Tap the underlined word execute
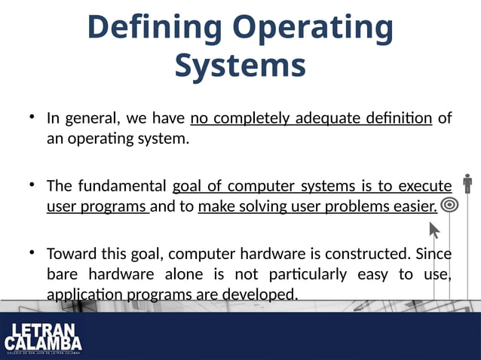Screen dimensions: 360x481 (424, 185)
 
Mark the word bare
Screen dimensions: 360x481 (62, 273)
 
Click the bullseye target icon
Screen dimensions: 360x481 (450, 204)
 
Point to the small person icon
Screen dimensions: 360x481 (467, 183)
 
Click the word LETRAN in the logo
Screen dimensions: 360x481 (42, 331)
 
